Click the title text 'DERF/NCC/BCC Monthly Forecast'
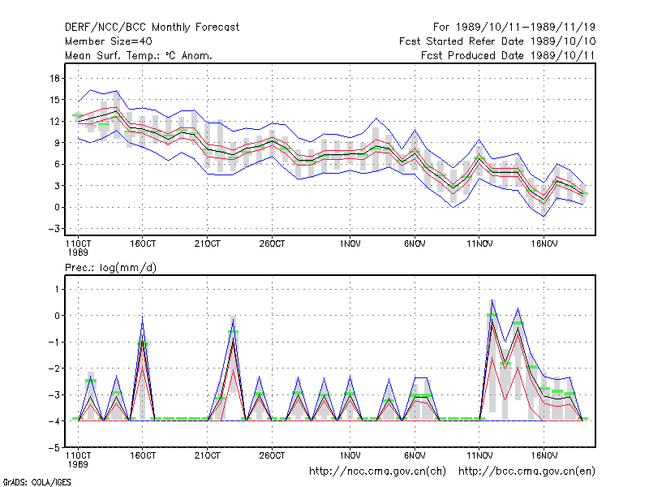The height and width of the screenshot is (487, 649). [152, 28]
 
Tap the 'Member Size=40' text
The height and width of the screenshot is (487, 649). [109, 41]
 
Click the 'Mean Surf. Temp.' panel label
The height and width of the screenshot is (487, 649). [138, 55]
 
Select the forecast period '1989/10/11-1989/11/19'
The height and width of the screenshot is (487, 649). [526, 28]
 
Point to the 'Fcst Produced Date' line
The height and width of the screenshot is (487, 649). [508, 55]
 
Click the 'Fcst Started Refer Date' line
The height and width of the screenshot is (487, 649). [497, 41]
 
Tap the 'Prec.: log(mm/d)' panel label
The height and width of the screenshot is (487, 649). [110, 268]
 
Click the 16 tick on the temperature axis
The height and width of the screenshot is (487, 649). [55, 78]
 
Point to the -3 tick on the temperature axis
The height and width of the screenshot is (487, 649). [54, 229]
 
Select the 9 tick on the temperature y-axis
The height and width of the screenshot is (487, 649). [57, 143]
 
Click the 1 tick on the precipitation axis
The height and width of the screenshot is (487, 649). [57, 289]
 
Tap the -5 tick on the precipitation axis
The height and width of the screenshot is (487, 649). [54, 448]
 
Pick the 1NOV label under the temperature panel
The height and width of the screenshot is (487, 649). [350, 244]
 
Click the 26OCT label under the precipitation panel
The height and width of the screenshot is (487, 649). [272, 455]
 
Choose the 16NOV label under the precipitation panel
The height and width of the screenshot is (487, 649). [544, 455]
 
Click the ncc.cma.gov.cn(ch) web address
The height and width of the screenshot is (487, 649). [377, 472]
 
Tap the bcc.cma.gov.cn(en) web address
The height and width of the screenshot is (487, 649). [527, 472]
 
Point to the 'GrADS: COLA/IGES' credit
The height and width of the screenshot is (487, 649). [37, 482]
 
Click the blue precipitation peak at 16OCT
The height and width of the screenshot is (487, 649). [143, 317]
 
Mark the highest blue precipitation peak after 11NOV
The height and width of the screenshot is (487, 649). [492, 300]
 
